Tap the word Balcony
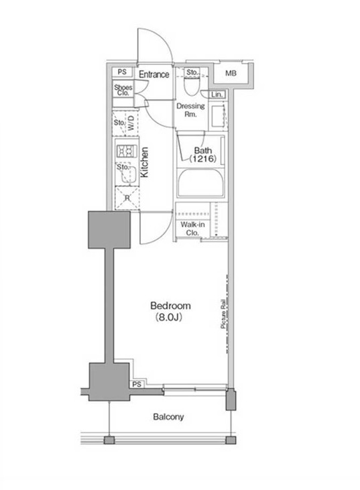coord(168,417)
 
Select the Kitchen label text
coord(144,163)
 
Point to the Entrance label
coord(154,74)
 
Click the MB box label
coord(231,73)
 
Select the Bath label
coord(203,151)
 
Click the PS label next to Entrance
coord(122,72)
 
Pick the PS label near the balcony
coord(137,384)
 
